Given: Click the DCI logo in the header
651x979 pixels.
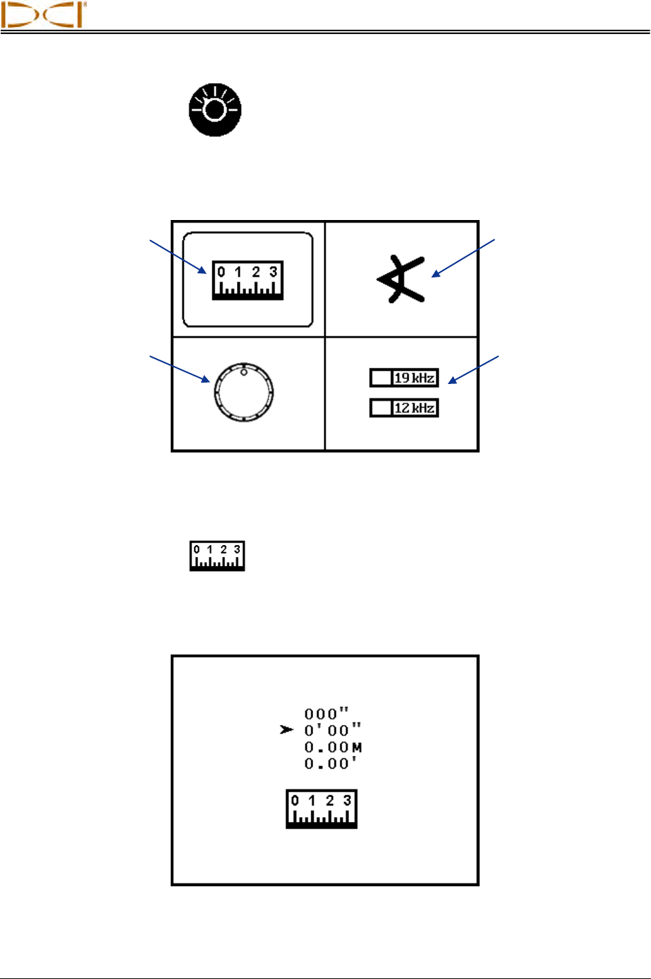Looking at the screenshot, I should click(x=44, y=15).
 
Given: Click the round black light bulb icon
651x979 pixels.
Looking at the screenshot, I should click(x=215, y=111).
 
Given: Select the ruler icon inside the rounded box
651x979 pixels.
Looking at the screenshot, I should click(x=247, y=280).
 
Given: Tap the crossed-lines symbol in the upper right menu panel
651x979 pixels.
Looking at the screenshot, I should click(x=400, y=279).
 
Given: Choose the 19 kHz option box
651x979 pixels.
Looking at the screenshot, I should click(x=404, y=378).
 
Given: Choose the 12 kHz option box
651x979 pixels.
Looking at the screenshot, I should click(x=404, y=408).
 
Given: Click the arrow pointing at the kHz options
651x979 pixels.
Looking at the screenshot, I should click(x=474, y=369).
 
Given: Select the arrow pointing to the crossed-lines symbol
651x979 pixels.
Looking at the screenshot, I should click(x=464, y=258).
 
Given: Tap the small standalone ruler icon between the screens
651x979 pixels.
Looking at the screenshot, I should click(x=218, y=556).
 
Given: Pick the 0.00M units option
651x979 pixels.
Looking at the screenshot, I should click(x=333, y=747).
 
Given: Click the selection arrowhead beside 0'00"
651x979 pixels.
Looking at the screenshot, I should click(x=287, y=730).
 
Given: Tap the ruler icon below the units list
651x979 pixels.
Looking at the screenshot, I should click(x=321, y=808).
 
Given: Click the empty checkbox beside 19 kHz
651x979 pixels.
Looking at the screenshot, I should click(x=381, y=378).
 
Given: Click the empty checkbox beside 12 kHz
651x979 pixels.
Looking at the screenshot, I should click(x=381, y=408).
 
